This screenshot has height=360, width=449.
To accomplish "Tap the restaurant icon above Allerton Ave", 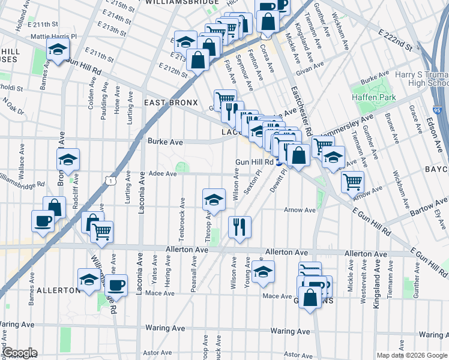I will pos(240,227).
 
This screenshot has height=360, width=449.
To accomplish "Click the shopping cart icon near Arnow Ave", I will pos(352,181).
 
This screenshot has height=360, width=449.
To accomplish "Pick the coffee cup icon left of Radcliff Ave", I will pos(43,221).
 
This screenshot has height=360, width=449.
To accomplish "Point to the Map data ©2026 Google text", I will pos(411,355).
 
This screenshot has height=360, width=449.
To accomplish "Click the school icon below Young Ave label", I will pos(262,271).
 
